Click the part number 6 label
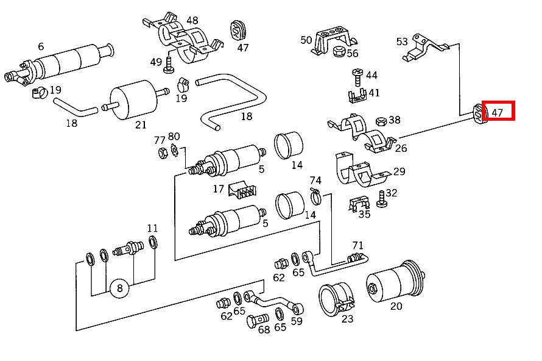point(41,46)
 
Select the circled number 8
point(119,288)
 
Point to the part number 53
point(402,41)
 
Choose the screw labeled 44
point(357,77)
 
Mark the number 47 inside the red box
point(498,112)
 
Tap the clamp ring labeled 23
point(336,299)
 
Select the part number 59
point(297,321)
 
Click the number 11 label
point(152,229)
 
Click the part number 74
point(315,180)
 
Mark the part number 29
point(399,172)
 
